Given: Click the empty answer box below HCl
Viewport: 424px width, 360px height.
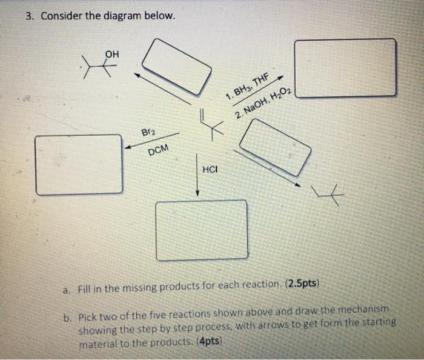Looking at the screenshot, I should tap(202, 230).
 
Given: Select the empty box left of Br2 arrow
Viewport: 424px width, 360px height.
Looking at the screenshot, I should tap(79, 164).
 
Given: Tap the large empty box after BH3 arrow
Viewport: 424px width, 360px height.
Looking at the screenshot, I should tap(346, 68).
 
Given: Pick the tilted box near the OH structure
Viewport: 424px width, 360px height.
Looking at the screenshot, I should tap(173, 67).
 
